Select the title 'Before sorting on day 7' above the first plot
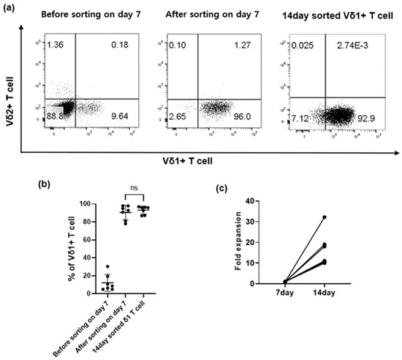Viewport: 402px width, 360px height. [x=84, y=15]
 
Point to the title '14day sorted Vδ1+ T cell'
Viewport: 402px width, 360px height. [x=338, y=15]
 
